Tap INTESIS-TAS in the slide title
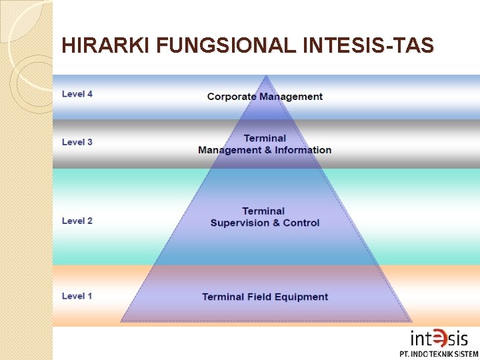[x=369, y=45]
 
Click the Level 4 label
[x=77, y=94]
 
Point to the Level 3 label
[x=77, y=142]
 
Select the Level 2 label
[x=77, y=221]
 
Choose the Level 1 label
[x=77, y=296]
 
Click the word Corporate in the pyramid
[x=231, y=97]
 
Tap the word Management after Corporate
[x=291, y=97]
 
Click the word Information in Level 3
[x=303, y=150]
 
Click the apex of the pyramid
[x=266, y=76]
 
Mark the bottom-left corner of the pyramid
[x=121, y=321]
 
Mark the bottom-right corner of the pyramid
[x=411, y=321]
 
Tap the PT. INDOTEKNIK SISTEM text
[x=439, y=354]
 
